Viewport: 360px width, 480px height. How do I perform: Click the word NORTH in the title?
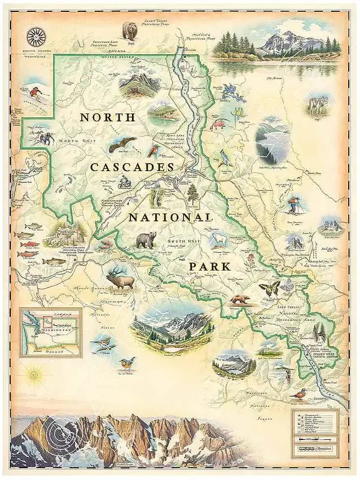point(107,117)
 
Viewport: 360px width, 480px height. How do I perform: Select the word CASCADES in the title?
point(131,168)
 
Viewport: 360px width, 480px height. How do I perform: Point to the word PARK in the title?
point(209,266)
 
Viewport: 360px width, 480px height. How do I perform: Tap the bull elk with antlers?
point(121,278)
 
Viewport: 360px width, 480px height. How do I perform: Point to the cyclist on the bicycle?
point(125,182)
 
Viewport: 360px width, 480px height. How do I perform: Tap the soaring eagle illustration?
point(122,145)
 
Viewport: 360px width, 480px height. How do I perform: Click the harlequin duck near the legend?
point(301,394)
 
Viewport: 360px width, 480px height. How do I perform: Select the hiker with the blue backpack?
point(293,205)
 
